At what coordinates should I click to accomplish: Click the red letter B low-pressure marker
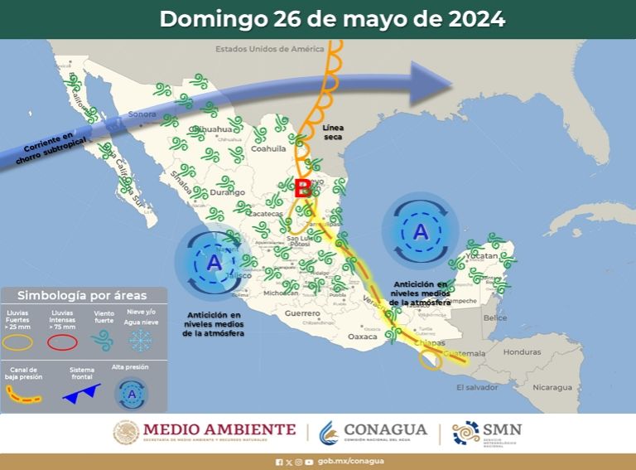pos(302,188)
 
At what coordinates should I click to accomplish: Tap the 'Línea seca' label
pos(332,133)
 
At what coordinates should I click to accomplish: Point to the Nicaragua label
pos(552,387)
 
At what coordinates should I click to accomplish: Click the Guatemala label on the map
pos(465,354)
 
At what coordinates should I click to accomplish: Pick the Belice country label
pos(495,317)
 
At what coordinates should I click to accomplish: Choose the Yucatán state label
pos(483,257)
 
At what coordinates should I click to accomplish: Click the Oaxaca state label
pos(362,337)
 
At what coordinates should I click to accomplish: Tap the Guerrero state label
pos(301,314)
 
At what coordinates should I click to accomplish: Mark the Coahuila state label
pos(268,148)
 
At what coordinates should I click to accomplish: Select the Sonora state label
pos(142,114)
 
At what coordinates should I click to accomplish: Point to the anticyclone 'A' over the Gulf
pos(421,232)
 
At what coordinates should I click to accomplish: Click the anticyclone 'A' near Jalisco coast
pos(214,264)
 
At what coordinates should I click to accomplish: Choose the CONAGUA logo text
pos(384,430)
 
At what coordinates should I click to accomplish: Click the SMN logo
pos(489,432)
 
